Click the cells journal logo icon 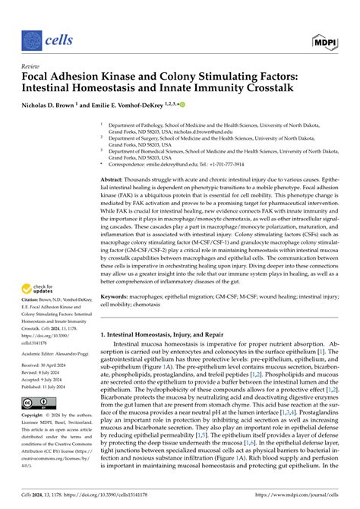(x=32, y=39)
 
